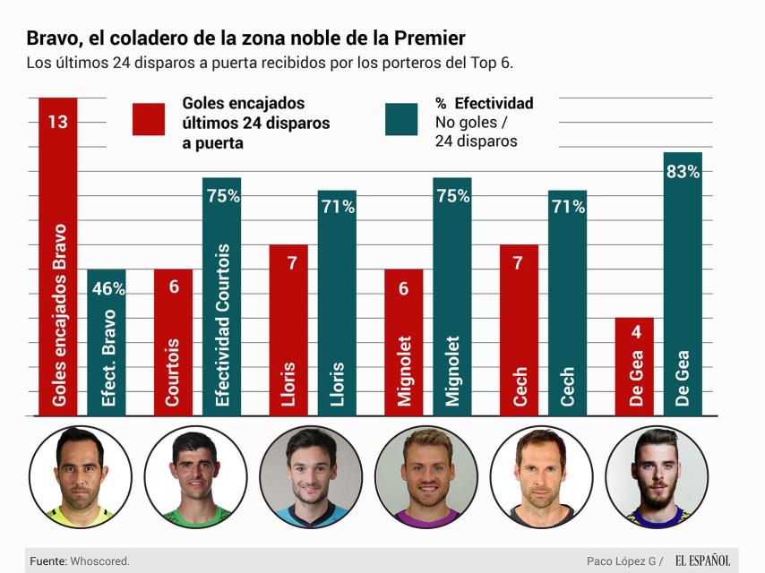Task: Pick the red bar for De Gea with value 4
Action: (x=634, y=367)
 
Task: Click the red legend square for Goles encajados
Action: (x=149, y=119)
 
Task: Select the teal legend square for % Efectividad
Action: (x=401, y=119)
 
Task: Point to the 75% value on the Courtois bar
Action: (x=222, y=196)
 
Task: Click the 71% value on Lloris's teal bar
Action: (x=337, y=207)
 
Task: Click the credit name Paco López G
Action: (x=618, y=561)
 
